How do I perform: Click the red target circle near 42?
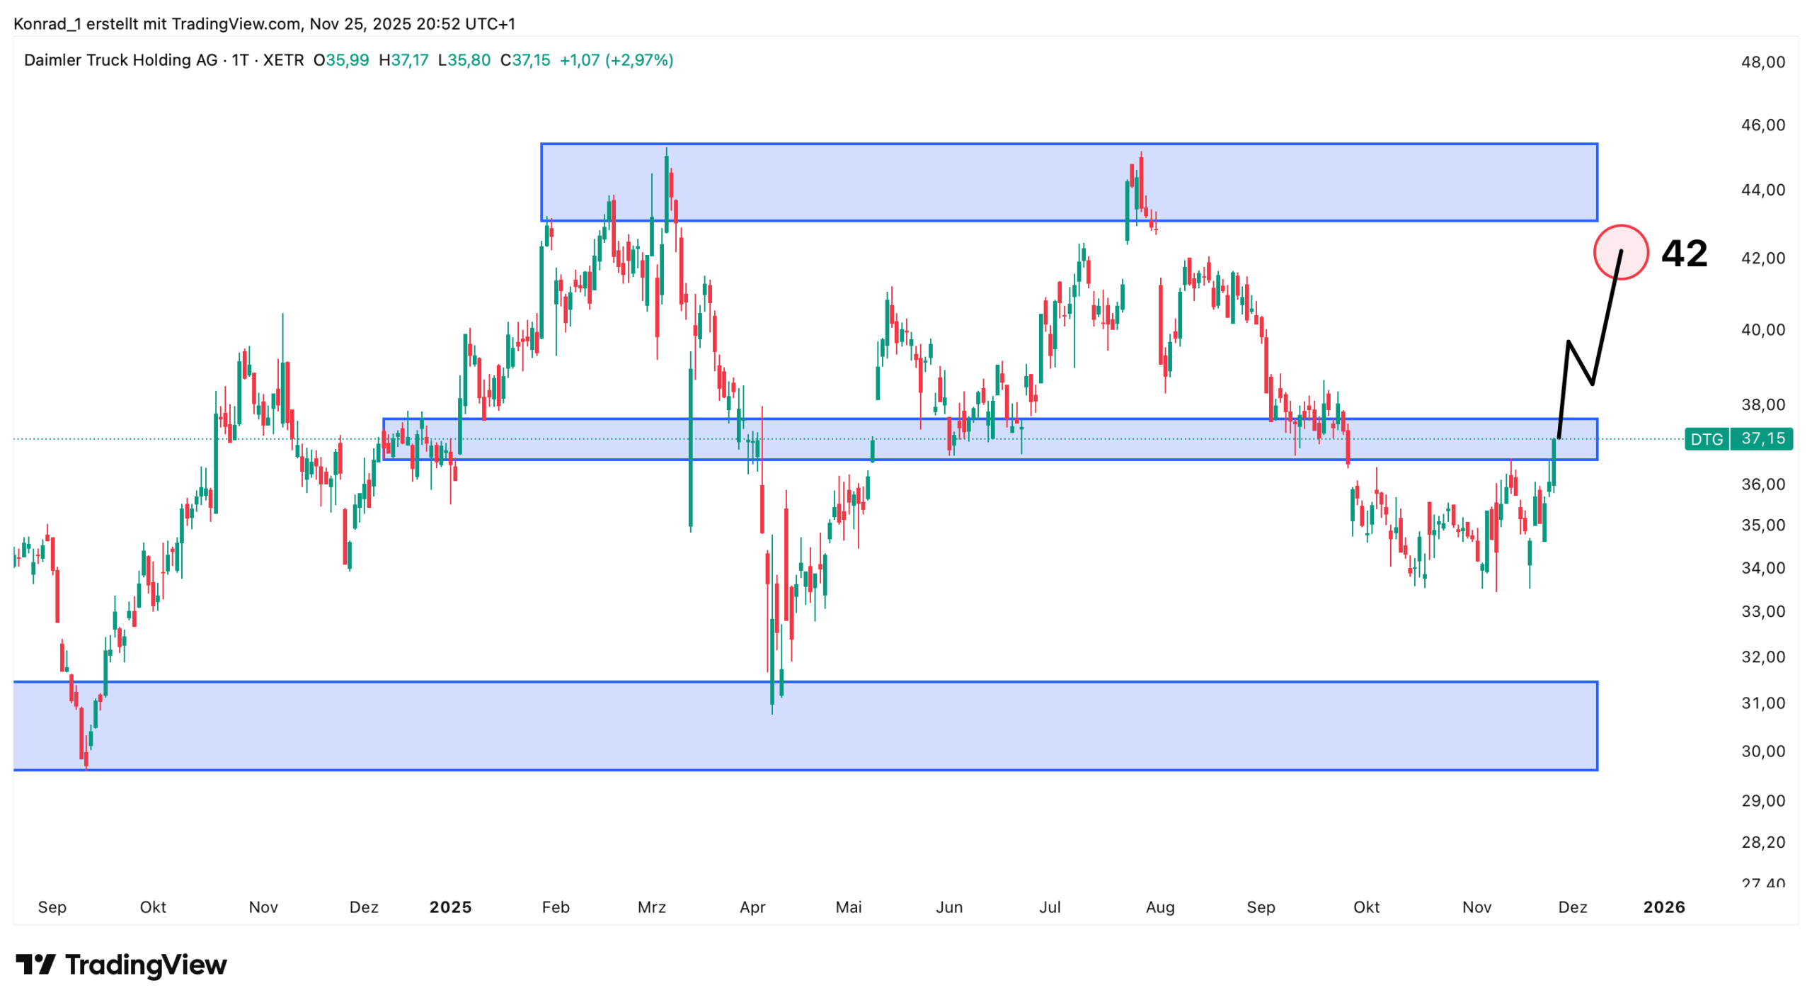click(1620, 252)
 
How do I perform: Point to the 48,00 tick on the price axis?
click(1762, 62)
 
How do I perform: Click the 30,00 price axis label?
click(1762, 751)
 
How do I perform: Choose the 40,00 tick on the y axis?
click(1762, 329)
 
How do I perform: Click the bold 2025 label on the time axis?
click(450, 907)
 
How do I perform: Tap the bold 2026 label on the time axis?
click(1663, 907)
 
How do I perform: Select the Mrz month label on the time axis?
click(651, 907)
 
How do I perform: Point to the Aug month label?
click(1159, 907)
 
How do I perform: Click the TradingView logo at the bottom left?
click(121, 965)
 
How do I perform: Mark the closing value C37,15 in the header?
click(524, 60)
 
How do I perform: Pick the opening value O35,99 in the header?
click(341, 60)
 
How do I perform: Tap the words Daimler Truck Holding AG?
click(120, 60)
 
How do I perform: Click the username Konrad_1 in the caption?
click(47, 24)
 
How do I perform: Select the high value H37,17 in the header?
click(403, 60)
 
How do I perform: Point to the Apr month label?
click(752, 907)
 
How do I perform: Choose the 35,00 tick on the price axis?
click(1762, 525)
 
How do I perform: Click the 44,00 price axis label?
click(1762, 190)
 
